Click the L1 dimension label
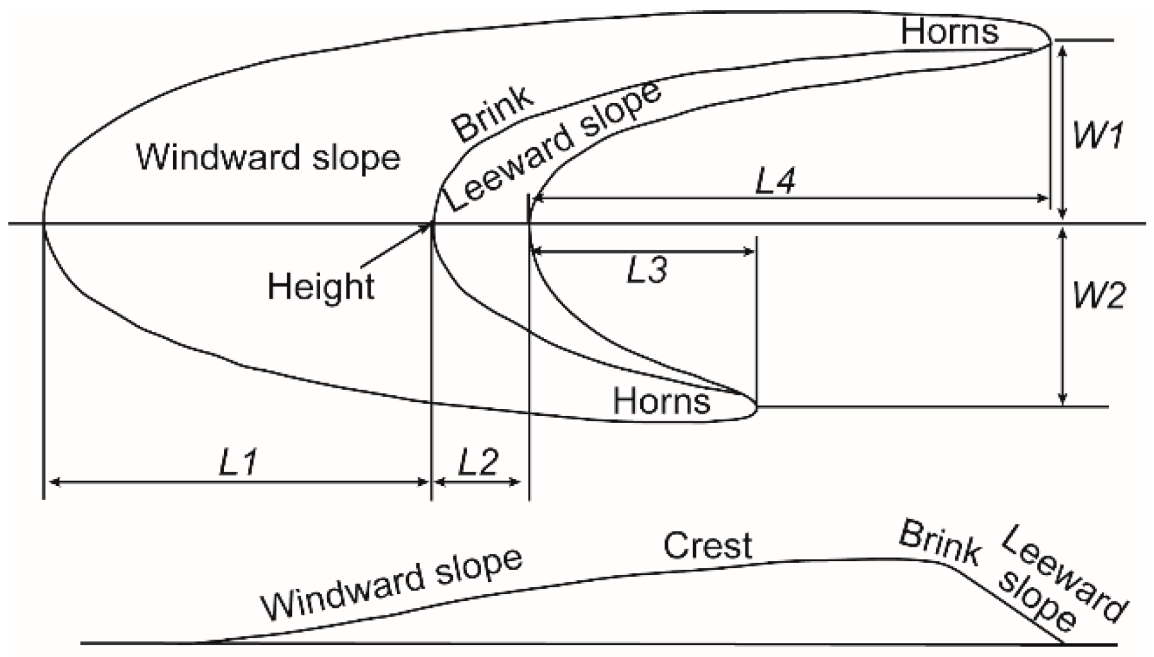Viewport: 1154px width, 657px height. coord(239,461)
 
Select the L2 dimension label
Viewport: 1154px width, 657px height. coord(478,461)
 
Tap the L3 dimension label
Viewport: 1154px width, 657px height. coord(647,270)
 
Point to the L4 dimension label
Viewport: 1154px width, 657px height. coord(775,181)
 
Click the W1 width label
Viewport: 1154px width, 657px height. coord(1098,135)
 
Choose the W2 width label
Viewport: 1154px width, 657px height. coord(1098,295)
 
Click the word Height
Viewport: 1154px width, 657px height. coord(321,286)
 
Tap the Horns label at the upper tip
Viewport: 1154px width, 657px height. coord(949,31)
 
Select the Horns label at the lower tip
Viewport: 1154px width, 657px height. coord(661,402)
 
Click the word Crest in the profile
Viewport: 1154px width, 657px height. coord(708,546)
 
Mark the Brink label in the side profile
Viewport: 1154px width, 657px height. coord(940,544)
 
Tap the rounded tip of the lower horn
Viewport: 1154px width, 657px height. coord(756,407)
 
